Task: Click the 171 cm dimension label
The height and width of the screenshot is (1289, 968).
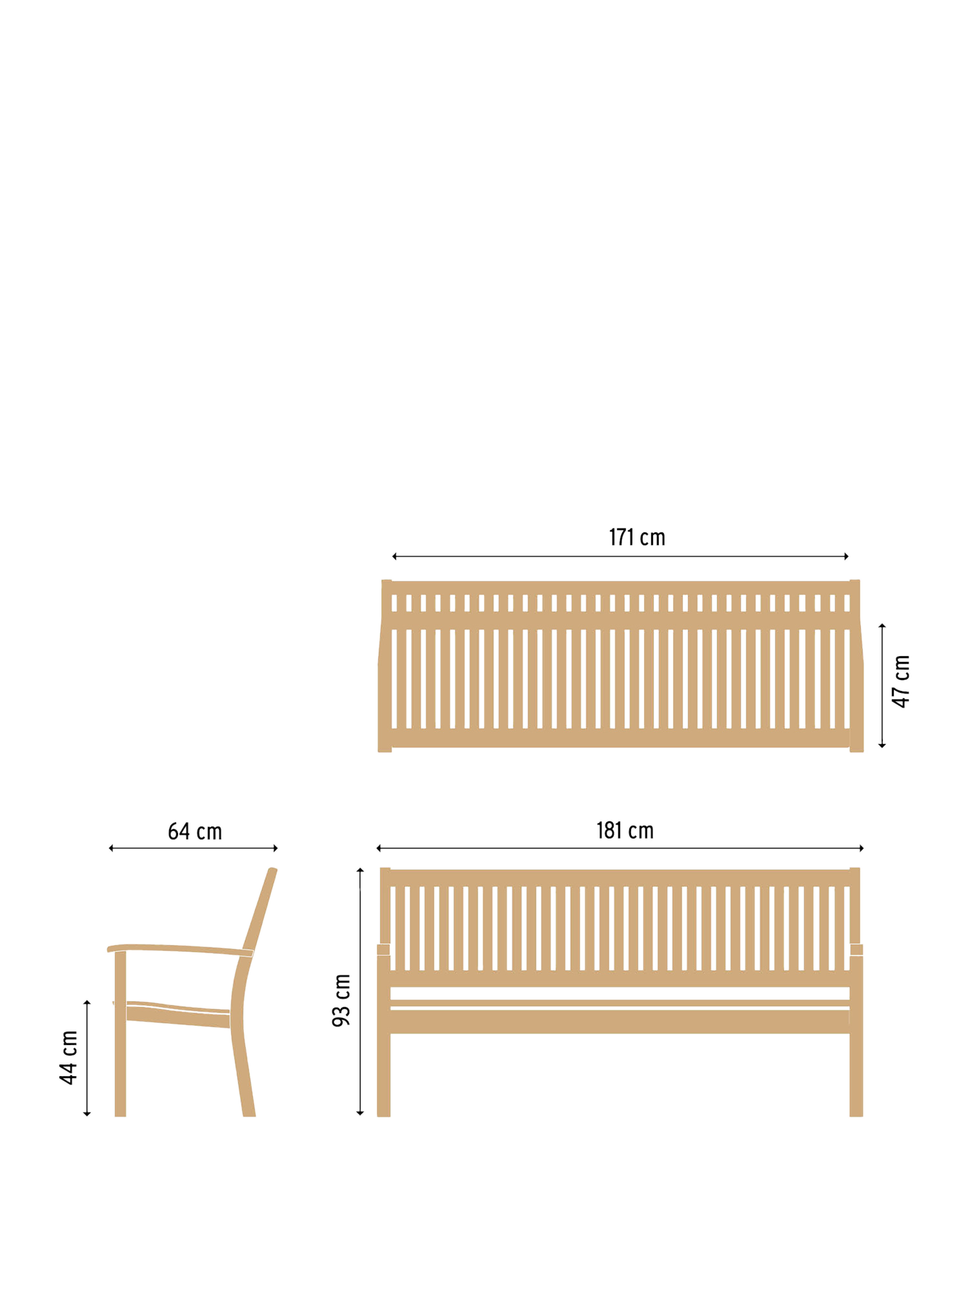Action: pyautogui.click(x=636, y=537)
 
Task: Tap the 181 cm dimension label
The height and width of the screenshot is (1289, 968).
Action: pyautogui.click(x=625, y=830)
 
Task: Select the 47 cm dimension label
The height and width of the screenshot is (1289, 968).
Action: pyautogui.click(x=901, y=681)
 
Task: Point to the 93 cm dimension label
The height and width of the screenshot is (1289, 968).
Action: pyautogui.click(x=341, y=1001)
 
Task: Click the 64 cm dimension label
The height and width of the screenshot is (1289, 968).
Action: pyautogui.click(x=195, y=832)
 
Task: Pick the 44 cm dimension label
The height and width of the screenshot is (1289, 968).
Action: pyautogui.click(x=68, y=1057)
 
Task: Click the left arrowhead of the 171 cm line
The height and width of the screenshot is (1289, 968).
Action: pyautogui.click(x=394, y=556)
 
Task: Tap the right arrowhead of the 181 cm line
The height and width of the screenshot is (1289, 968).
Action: pyautogui.click(x=862, y=848)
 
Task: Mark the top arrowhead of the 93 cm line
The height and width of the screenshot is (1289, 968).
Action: pyautogui.click(x=360, y=870)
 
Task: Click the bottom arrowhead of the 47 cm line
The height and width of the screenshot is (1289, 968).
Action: pyautogui.click(x=882, y=746)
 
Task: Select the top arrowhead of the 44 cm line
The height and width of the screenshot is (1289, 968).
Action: pyautogui.click(x=87, y=1002)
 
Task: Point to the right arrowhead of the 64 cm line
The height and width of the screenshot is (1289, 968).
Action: pyautogui.click(x=276, y=848)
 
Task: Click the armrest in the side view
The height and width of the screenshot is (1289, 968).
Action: pyautogui.click(x=180, y=948)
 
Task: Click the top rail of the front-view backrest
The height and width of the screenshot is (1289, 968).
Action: pyautogui.click(x=620, y=877)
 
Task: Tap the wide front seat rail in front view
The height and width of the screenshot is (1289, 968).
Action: pyautogui.click(x=620, y=1022)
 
